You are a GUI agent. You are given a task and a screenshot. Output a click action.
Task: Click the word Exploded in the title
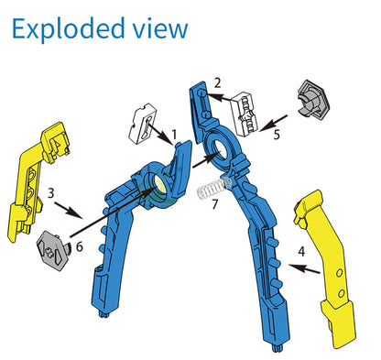pyautogui.click(x=69, y=28)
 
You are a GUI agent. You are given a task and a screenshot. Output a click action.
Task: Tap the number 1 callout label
pyautogui.click(x=174, y=134)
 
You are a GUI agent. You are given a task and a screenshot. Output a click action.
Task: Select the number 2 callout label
pyautogui.click(x=217, y=82)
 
